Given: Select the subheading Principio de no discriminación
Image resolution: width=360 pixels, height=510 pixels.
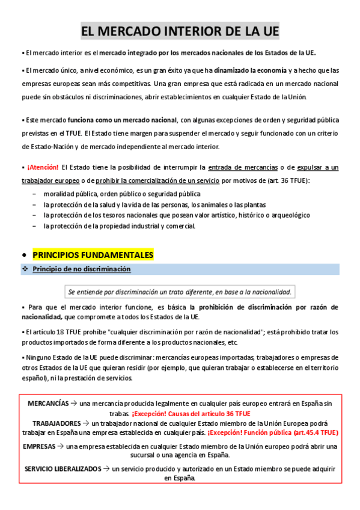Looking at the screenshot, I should coord(81,269).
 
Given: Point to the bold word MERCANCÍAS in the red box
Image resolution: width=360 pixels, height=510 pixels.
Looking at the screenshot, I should coord(48,402).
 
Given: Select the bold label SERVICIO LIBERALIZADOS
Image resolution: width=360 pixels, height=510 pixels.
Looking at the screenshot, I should coord(63,468).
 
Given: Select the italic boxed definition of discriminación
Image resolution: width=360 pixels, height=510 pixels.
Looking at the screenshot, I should coord(180,292).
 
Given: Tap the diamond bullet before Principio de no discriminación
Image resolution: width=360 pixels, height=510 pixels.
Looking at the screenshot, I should coord(25,269).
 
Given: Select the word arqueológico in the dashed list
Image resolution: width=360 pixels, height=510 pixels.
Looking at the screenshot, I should coord(288,215).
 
